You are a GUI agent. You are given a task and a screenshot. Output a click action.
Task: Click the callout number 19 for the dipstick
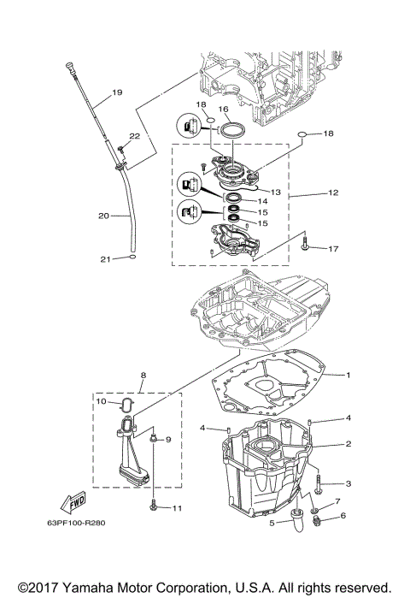[117, 92]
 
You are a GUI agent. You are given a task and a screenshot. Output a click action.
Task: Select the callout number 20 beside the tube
[102, 216]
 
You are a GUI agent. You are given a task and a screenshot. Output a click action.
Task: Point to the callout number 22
[134, 136]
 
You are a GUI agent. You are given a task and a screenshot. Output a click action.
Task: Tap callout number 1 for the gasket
[348, 374]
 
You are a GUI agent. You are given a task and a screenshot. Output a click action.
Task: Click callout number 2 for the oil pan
[348, 443]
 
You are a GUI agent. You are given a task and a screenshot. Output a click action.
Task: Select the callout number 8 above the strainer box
[143, 374]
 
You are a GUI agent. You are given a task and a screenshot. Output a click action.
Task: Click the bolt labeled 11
[154, 506]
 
